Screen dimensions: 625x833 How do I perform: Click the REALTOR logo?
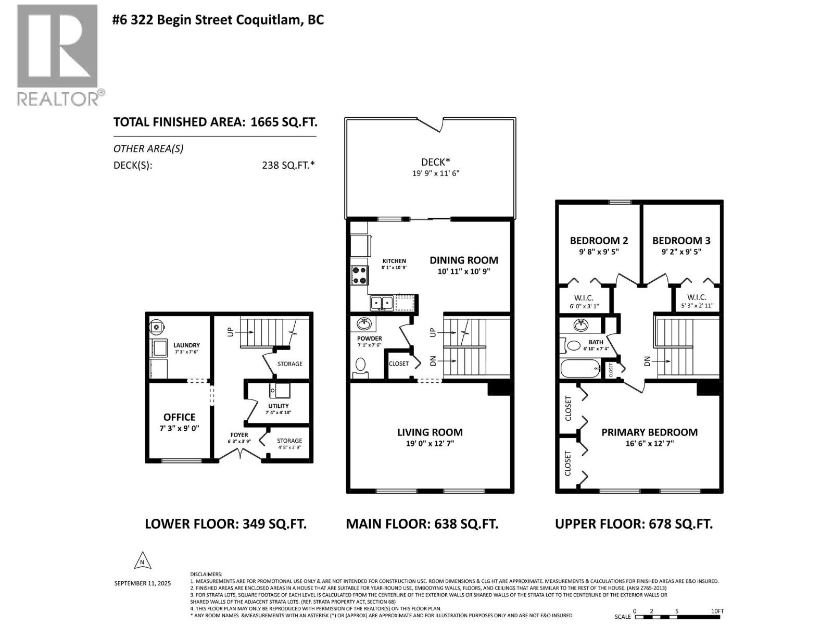click(57, 55)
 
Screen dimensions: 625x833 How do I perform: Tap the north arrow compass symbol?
click(142, 561)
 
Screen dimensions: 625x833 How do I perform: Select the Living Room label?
click(430, 432)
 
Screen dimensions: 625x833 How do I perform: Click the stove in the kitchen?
click(359, 275)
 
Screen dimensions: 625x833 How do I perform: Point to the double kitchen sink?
click(382, 303)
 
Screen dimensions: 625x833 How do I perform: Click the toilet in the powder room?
click(360, 366)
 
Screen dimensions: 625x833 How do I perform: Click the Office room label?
click(179, 417)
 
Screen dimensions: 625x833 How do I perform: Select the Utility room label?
click(279, 406)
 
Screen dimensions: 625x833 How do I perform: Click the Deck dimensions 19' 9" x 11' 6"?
click(436, 173)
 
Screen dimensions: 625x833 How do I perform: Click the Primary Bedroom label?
click(649, 432)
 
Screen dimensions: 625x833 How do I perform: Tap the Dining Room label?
click(463, 260)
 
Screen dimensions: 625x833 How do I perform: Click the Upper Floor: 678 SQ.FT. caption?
click(634, 523)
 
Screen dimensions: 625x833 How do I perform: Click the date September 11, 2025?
click(142, 583)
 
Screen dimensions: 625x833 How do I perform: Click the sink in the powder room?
click(364, 325)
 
